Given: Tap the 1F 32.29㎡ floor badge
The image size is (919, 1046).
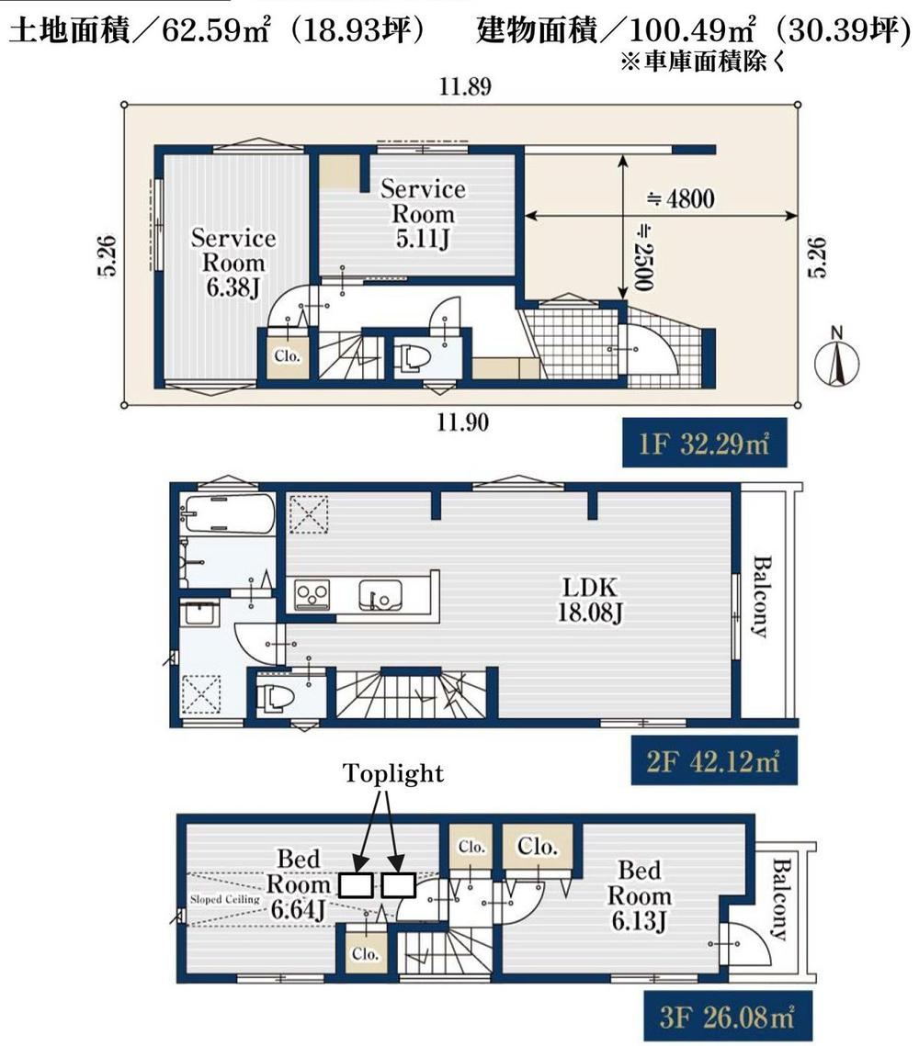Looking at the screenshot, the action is (704, 443).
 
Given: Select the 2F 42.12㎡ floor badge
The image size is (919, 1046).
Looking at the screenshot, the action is (713, 760).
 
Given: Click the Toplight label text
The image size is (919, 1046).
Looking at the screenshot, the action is (393, 773).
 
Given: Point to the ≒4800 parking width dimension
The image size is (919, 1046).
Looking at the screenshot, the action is (680, 198).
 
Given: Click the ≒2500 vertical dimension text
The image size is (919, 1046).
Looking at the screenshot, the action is (642, 257).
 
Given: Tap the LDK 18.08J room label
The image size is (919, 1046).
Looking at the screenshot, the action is (590, 600).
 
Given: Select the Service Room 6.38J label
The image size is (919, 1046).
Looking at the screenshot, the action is (233, 262).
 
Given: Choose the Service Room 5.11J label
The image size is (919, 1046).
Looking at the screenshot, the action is (423, 213).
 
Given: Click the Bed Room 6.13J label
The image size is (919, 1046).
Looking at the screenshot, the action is (640, 895).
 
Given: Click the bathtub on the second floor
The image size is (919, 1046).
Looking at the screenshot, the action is (227, 513).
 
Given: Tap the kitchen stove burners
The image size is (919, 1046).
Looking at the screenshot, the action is (312, 594).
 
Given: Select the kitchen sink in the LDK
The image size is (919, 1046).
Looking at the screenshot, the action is (380, 595).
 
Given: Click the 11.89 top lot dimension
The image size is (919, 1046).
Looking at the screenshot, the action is (464, 86).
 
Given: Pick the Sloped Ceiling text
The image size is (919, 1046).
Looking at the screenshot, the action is (224, 899).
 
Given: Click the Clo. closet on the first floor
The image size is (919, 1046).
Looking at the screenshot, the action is (287, 355).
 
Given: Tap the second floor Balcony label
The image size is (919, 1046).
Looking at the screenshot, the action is (760, 596).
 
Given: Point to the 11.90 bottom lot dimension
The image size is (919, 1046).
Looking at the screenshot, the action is (462, 422).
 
